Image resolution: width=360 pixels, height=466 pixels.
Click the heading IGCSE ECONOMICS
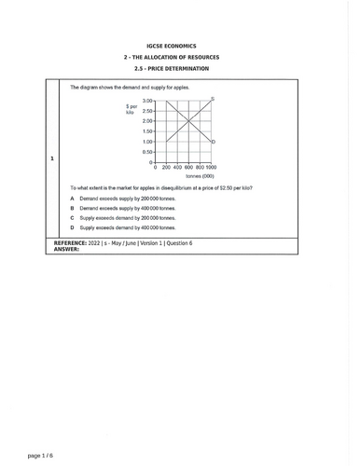click(x=179, y=45)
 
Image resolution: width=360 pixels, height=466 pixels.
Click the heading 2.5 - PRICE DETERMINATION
click(x=179, y=69)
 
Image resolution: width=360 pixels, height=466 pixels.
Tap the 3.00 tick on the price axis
click(x=147, y=101)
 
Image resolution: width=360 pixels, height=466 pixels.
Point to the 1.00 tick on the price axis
click(x=147, y=142)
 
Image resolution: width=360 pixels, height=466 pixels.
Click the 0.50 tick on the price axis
click(x=147, y=152)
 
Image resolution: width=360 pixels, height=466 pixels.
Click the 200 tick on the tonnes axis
click(x=166, y=168)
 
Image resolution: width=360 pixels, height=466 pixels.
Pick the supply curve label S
click(x=214, y=99)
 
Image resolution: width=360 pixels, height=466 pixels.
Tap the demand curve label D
click(x=215, y=142)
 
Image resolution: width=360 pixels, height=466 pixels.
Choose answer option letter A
click(x=72, y=199)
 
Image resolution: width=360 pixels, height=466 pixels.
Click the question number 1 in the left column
click(x=51, y=158)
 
